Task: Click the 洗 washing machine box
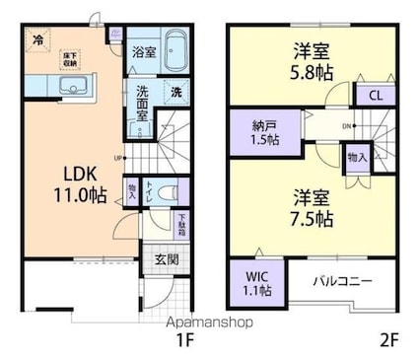(x=175, y=92)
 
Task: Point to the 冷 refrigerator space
(x=37, y=40)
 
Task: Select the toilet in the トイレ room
(x=169, y=191)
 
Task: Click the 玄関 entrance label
(x=166, y=259)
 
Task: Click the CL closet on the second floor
(x=376, y=96)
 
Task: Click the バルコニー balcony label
(x=342, y=281)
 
